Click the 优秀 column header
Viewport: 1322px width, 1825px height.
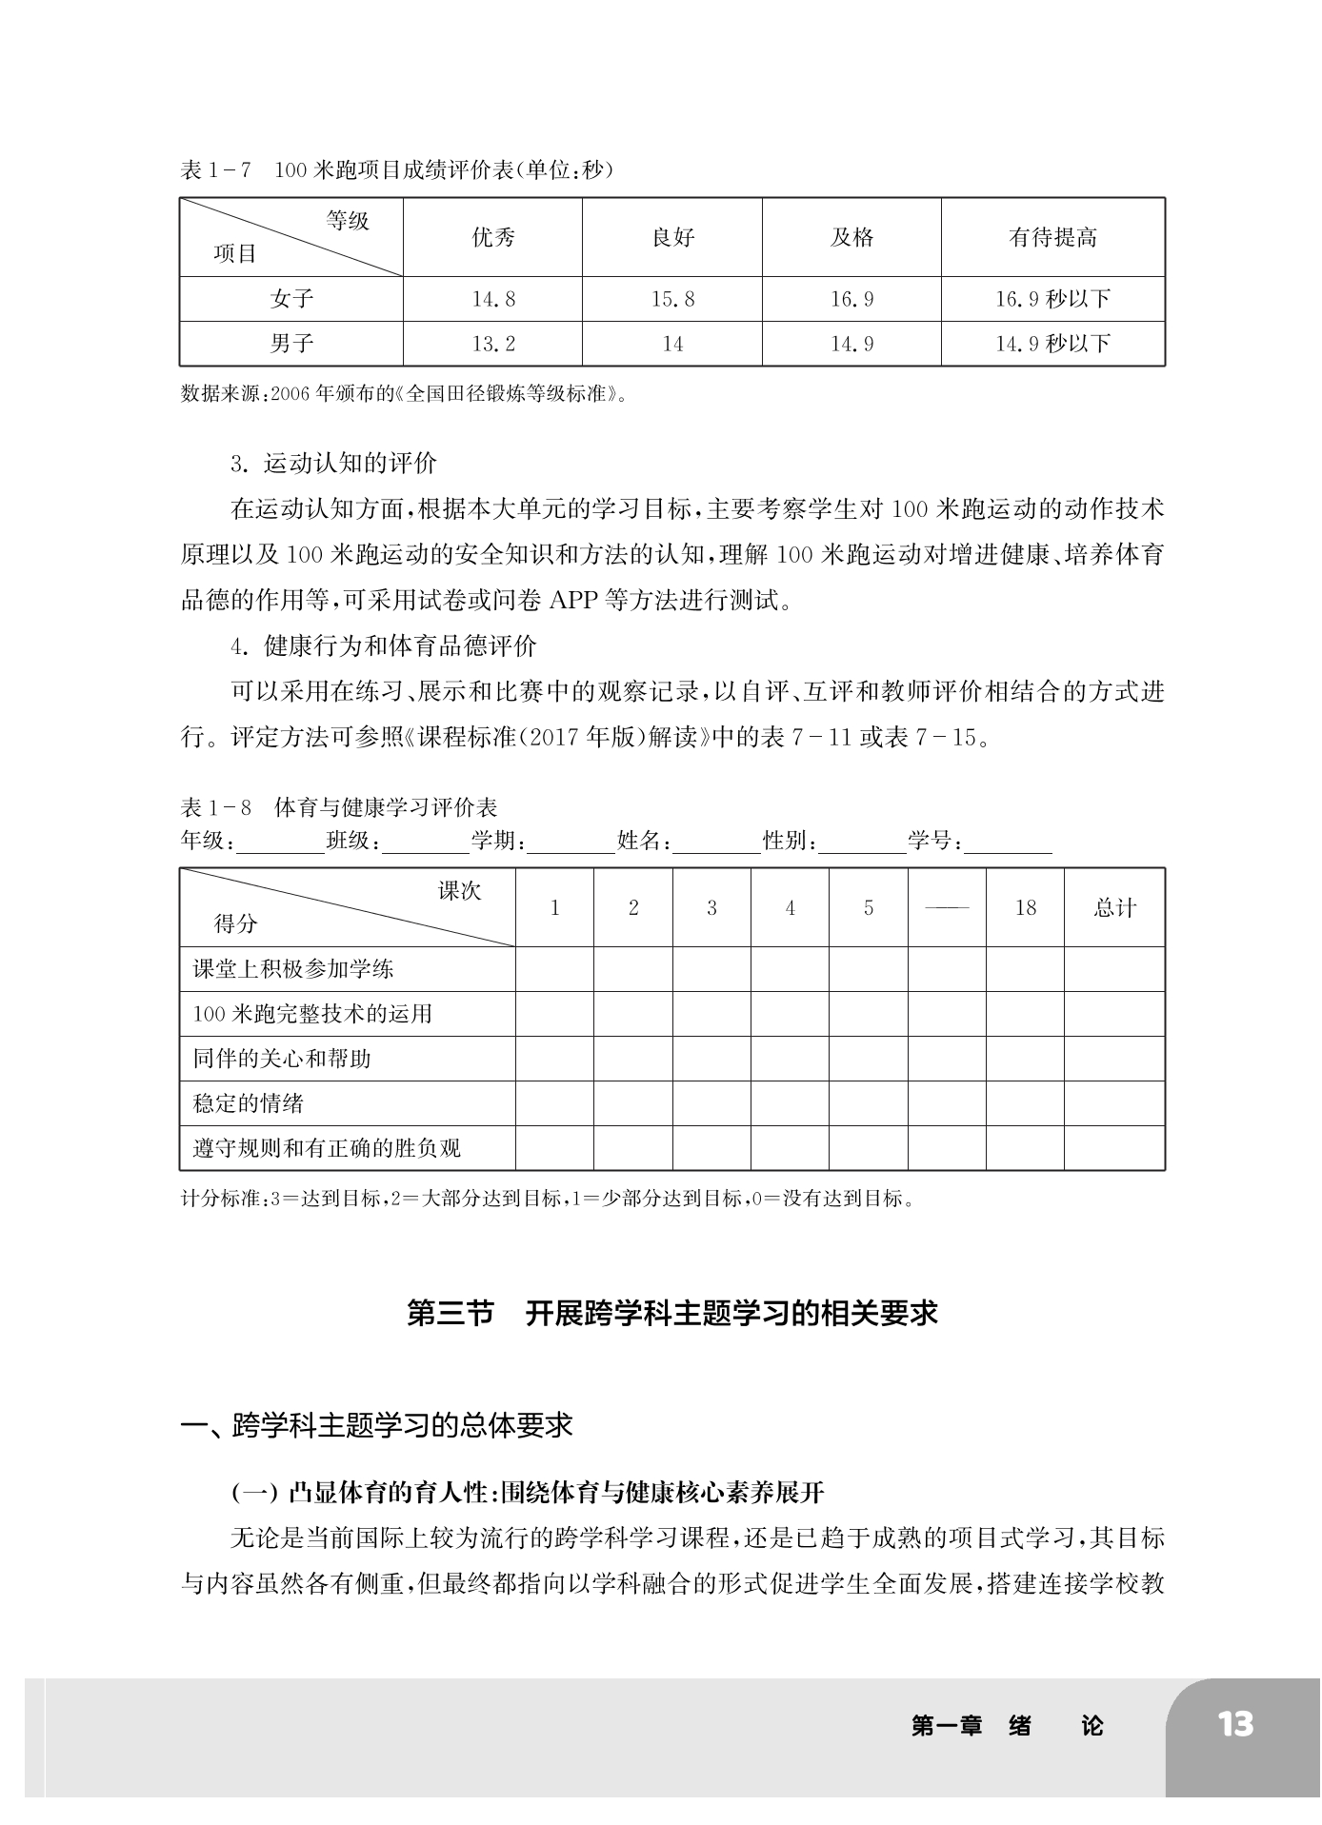pos(493,238)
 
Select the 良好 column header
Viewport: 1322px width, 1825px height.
pos(672,238)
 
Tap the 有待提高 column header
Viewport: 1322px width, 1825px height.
pos(1052,238)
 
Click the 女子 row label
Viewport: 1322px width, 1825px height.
pos(291,299)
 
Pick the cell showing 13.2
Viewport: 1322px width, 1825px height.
pos(493,344)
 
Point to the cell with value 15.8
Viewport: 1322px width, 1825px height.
pos(672,299)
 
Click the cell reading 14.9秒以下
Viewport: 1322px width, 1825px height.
pos(1052,344)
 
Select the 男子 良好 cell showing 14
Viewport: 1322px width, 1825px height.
pos(672,344)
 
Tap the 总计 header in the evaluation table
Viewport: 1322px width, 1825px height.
pos(1114,908)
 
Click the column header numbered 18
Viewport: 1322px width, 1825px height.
pos(1025,908)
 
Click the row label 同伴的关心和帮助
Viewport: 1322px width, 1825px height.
pos(282,1059)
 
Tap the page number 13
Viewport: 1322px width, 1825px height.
pos(1235,1724)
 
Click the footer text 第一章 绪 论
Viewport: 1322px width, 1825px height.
pos(1007,1725)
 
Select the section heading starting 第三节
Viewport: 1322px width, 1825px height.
pos(672,1314)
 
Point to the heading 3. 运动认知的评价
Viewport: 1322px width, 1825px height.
pos(333,464)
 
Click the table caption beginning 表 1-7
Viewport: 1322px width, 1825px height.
pos(396,170)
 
